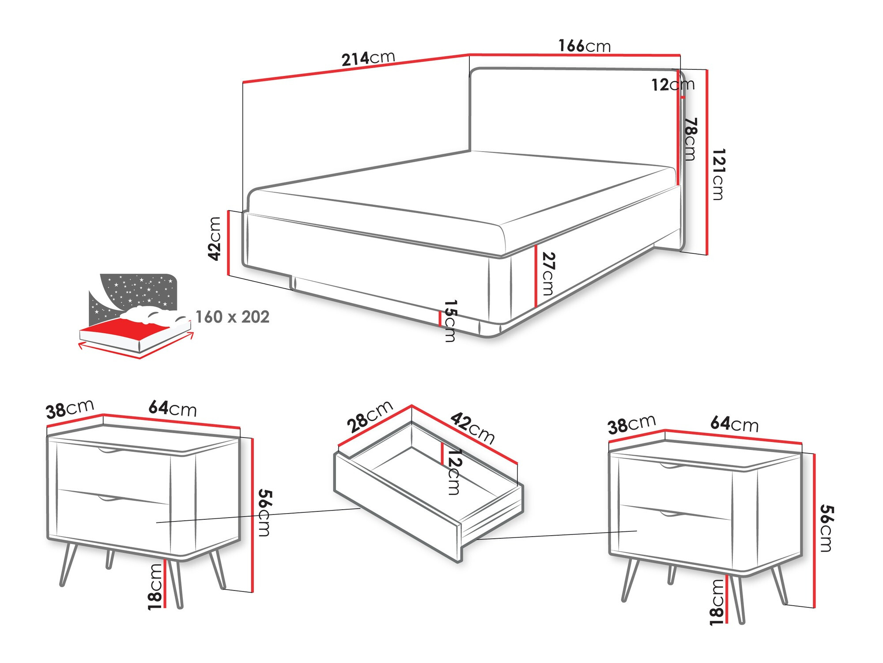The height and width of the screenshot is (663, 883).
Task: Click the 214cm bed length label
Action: pos(368,58)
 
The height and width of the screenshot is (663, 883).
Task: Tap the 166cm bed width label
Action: pos(584,46)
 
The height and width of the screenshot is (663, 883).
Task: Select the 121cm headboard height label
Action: pos(718,174)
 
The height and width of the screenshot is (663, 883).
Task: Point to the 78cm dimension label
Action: pos(690,139)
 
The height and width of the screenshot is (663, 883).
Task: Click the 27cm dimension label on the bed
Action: pos(548,274)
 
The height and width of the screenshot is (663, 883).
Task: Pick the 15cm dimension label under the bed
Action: pos(450,321)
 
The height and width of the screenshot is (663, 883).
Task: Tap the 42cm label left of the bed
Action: pos(215,239)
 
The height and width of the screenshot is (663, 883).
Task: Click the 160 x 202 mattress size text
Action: pos(232,317)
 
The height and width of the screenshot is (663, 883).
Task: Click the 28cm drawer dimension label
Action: pos(370,416)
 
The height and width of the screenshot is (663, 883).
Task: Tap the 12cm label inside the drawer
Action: pos(453,472)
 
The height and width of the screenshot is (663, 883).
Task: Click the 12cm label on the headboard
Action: pos(672,84)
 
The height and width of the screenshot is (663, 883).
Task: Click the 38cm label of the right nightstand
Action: pos(631,424)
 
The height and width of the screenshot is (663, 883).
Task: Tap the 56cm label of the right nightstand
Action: pos(826,528)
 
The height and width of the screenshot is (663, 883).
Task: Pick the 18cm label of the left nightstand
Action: pos(155,587)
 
